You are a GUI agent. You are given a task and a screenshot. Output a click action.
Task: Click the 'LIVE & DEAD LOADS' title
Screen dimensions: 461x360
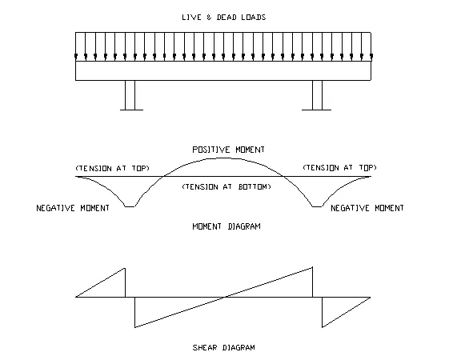(224, 18)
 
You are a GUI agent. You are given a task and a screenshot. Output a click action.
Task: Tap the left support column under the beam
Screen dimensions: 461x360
(130, 95)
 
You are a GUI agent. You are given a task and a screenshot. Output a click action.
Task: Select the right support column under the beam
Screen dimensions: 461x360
(317, 95)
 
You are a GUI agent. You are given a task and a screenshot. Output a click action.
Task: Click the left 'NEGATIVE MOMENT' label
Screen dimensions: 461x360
(73, 208)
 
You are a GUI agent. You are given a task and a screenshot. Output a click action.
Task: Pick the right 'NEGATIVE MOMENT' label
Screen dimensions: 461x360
(367, 208)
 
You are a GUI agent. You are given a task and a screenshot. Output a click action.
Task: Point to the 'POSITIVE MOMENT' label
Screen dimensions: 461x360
(228, 150)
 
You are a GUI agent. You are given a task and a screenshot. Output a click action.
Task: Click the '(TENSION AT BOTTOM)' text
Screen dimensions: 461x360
(226, 186)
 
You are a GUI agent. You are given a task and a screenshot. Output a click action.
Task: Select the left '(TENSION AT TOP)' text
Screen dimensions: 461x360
(113, 168)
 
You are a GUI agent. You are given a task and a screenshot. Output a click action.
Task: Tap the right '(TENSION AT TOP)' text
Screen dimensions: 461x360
(340, 167)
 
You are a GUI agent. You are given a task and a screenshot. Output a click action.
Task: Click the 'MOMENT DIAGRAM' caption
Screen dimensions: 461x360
(226, 226)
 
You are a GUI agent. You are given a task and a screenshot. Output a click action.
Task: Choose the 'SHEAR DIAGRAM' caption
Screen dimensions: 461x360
(224, 348)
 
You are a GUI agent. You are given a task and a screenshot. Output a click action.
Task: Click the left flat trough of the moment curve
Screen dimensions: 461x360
(130, 206)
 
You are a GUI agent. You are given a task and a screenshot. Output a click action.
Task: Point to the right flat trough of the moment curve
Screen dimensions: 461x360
(317, 206)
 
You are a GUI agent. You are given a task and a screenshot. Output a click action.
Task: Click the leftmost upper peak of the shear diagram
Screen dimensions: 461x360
(125, 268)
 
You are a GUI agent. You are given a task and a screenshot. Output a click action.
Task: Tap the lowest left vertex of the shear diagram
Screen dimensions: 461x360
(135, 327)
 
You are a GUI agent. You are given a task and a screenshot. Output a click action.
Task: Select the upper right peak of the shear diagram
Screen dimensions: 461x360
(312, 267)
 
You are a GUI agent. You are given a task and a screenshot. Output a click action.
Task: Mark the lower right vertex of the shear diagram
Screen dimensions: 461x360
(323, 327)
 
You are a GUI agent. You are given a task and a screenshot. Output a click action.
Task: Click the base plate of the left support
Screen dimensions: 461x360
(131, 110)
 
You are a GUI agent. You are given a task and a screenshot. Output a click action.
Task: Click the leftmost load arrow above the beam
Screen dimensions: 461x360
(76, 46)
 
